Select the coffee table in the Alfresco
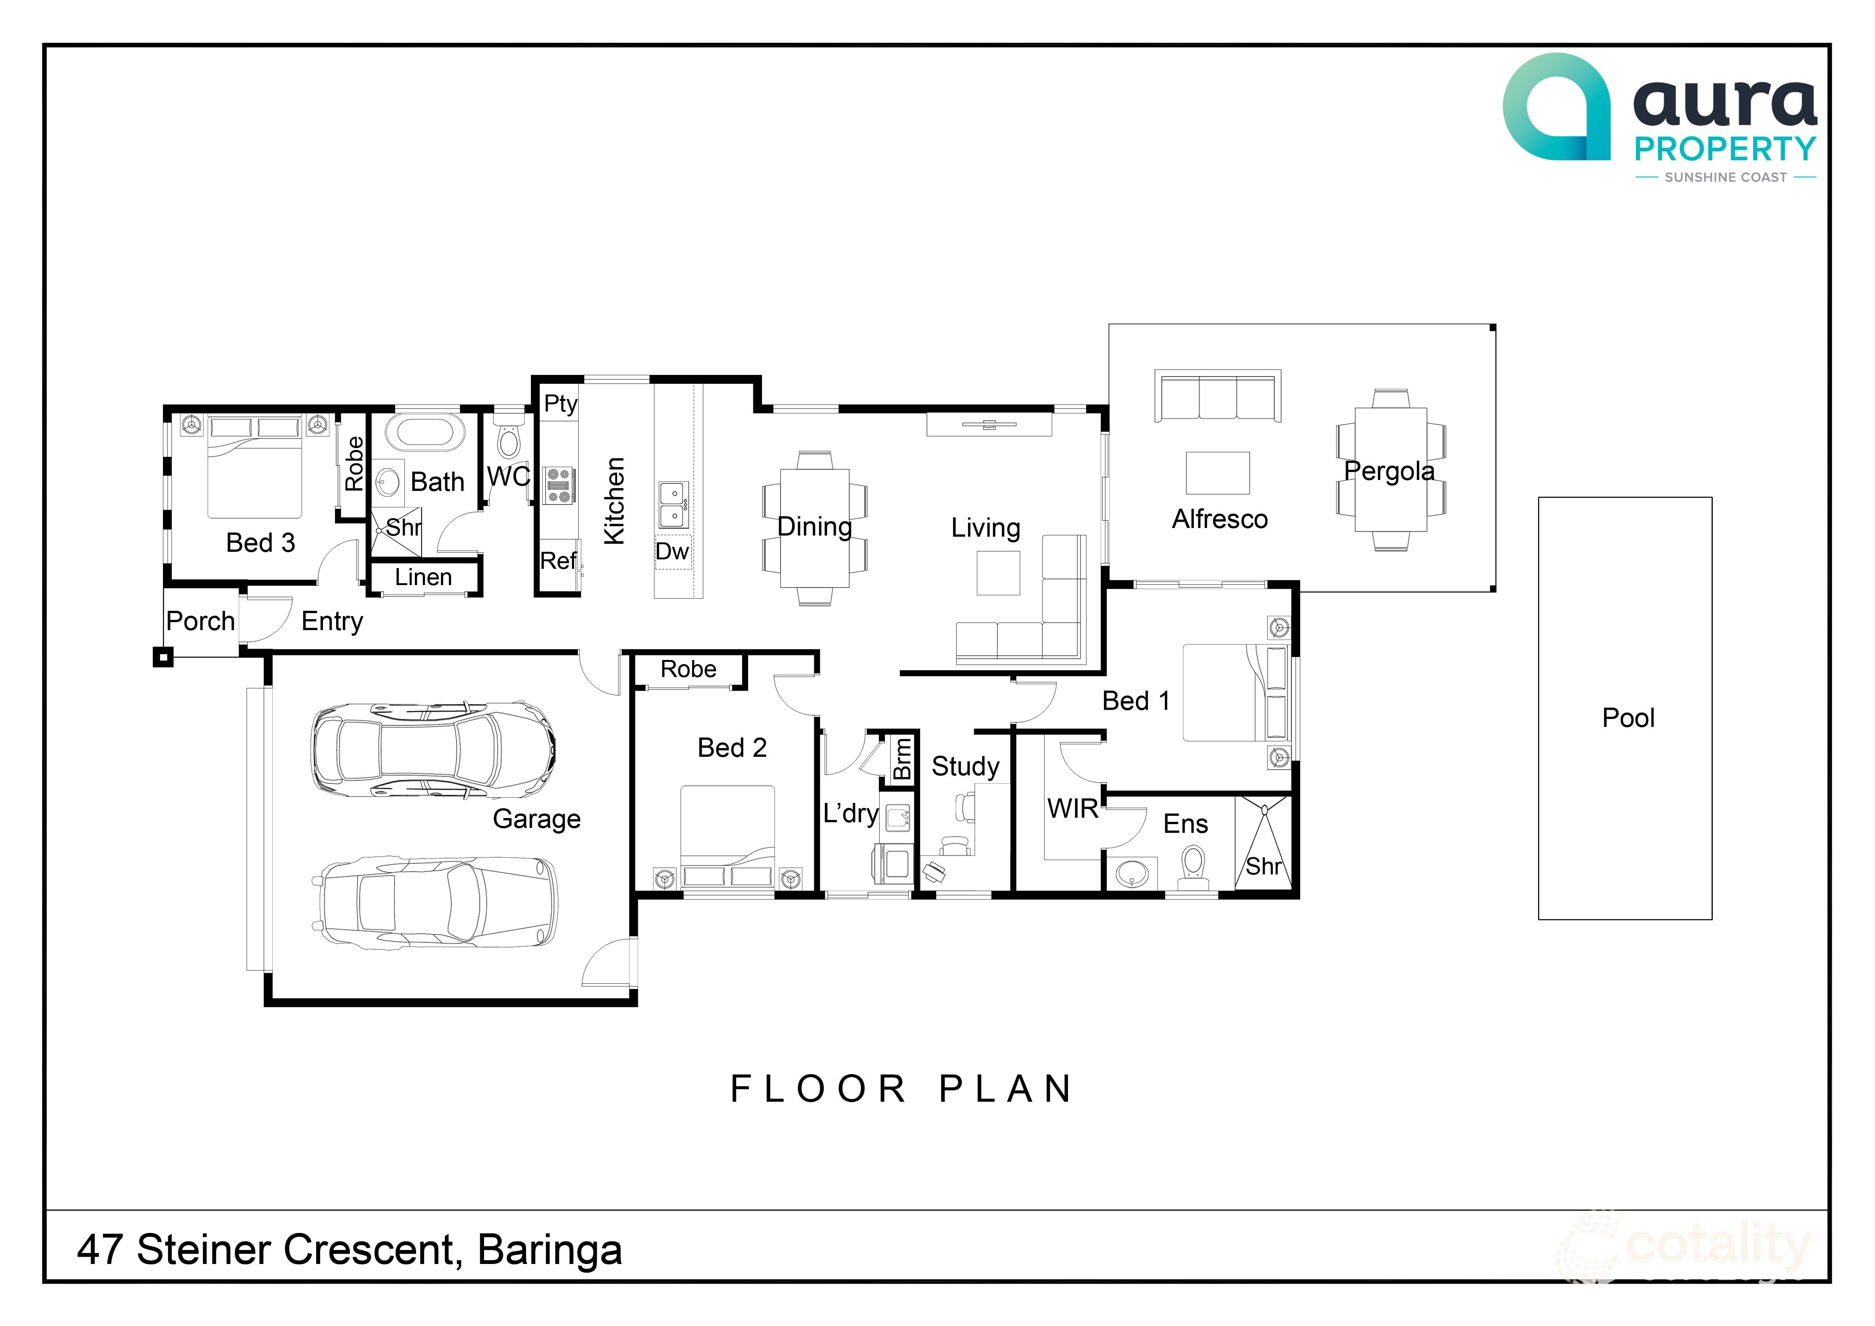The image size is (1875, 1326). (1218, 473)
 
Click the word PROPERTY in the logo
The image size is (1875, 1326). (1725, 149)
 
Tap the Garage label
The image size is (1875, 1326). (537, 819)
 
